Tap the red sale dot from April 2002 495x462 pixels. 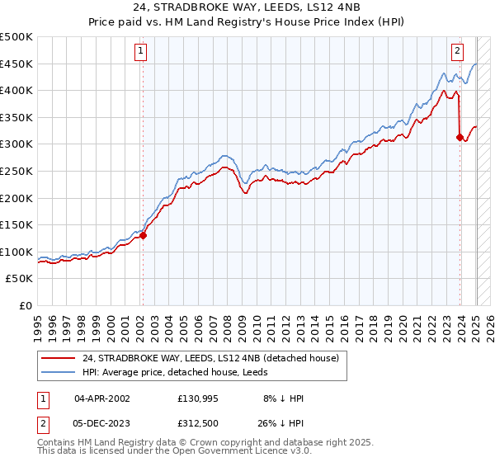[143, 235]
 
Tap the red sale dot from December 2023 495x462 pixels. [460, 138]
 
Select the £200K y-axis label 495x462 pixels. [17, 198]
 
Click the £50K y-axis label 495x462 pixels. [20, 279]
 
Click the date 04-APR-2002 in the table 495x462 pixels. [102, 398]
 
